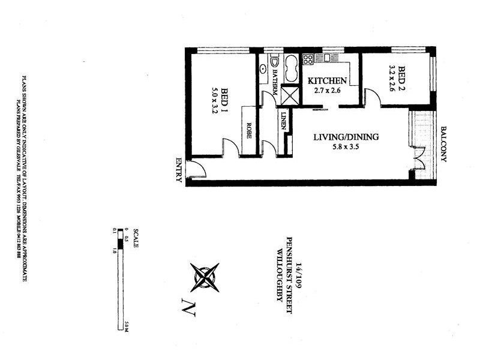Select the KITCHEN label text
[327, 81]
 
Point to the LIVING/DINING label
[346, 137]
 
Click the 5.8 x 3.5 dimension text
[346, 147]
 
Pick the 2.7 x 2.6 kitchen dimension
[327, 91]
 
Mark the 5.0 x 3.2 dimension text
[214, 97]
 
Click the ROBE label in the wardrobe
[248, 131]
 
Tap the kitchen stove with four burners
[308, 59]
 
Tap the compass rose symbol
[205, 277]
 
